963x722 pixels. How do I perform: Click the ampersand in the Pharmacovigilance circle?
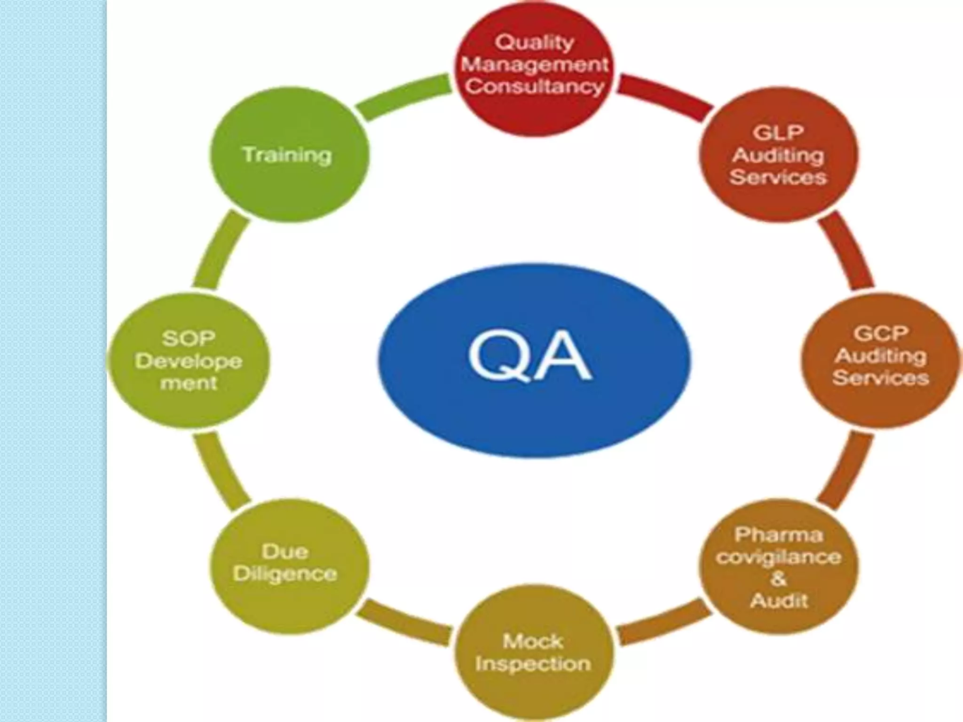pyautogui.click(x=778, y=578)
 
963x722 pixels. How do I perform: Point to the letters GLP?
pyautogui.click(x=778, y=133)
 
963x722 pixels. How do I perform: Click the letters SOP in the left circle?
pyautogui.click(x=189, y=338)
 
